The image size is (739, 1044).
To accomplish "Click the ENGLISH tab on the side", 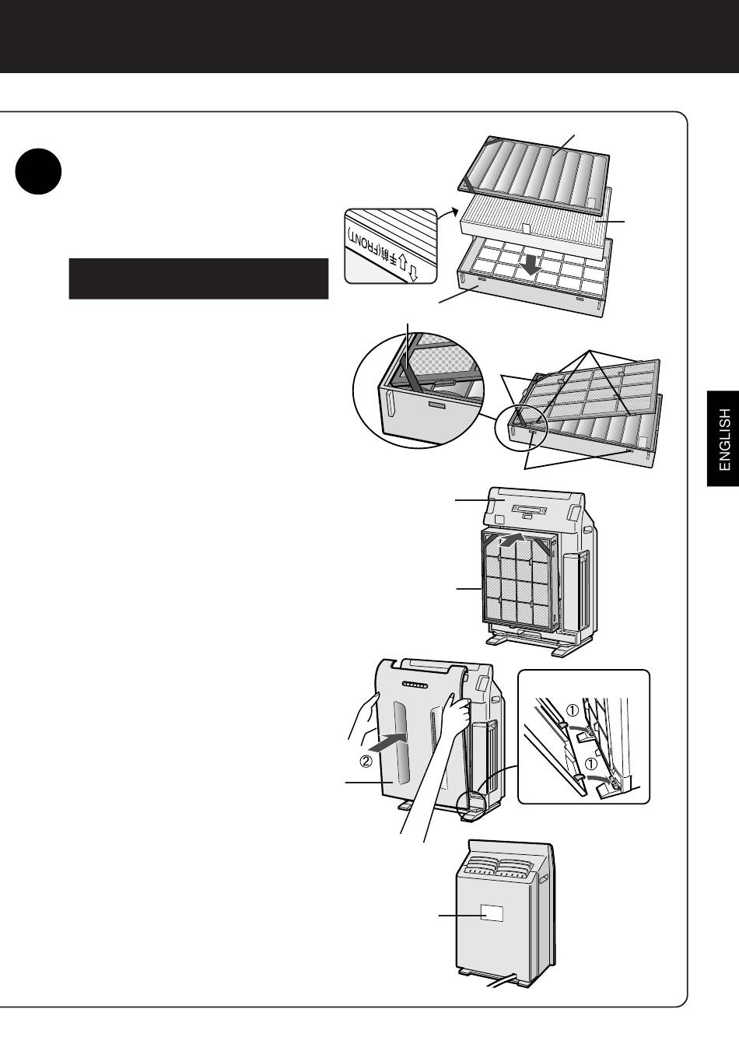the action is pos(723,439).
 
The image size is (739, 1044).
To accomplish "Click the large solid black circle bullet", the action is pos(38,171).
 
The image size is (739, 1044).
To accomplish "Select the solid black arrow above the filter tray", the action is pos(531,265).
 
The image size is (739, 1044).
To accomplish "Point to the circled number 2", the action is pos(366,762).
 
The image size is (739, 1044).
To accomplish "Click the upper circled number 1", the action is pos(573,709).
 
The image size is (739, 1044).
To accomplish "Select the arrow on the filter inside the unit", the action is pos(512,541).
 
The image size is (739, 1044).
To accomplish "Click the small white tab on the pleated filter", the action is pos(527,228).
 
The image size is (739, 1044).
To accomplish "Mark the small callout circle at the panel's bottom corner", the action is pos(471,805).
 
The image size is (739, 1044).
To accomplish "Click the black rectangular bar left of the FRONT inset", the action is pos(198,279).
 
